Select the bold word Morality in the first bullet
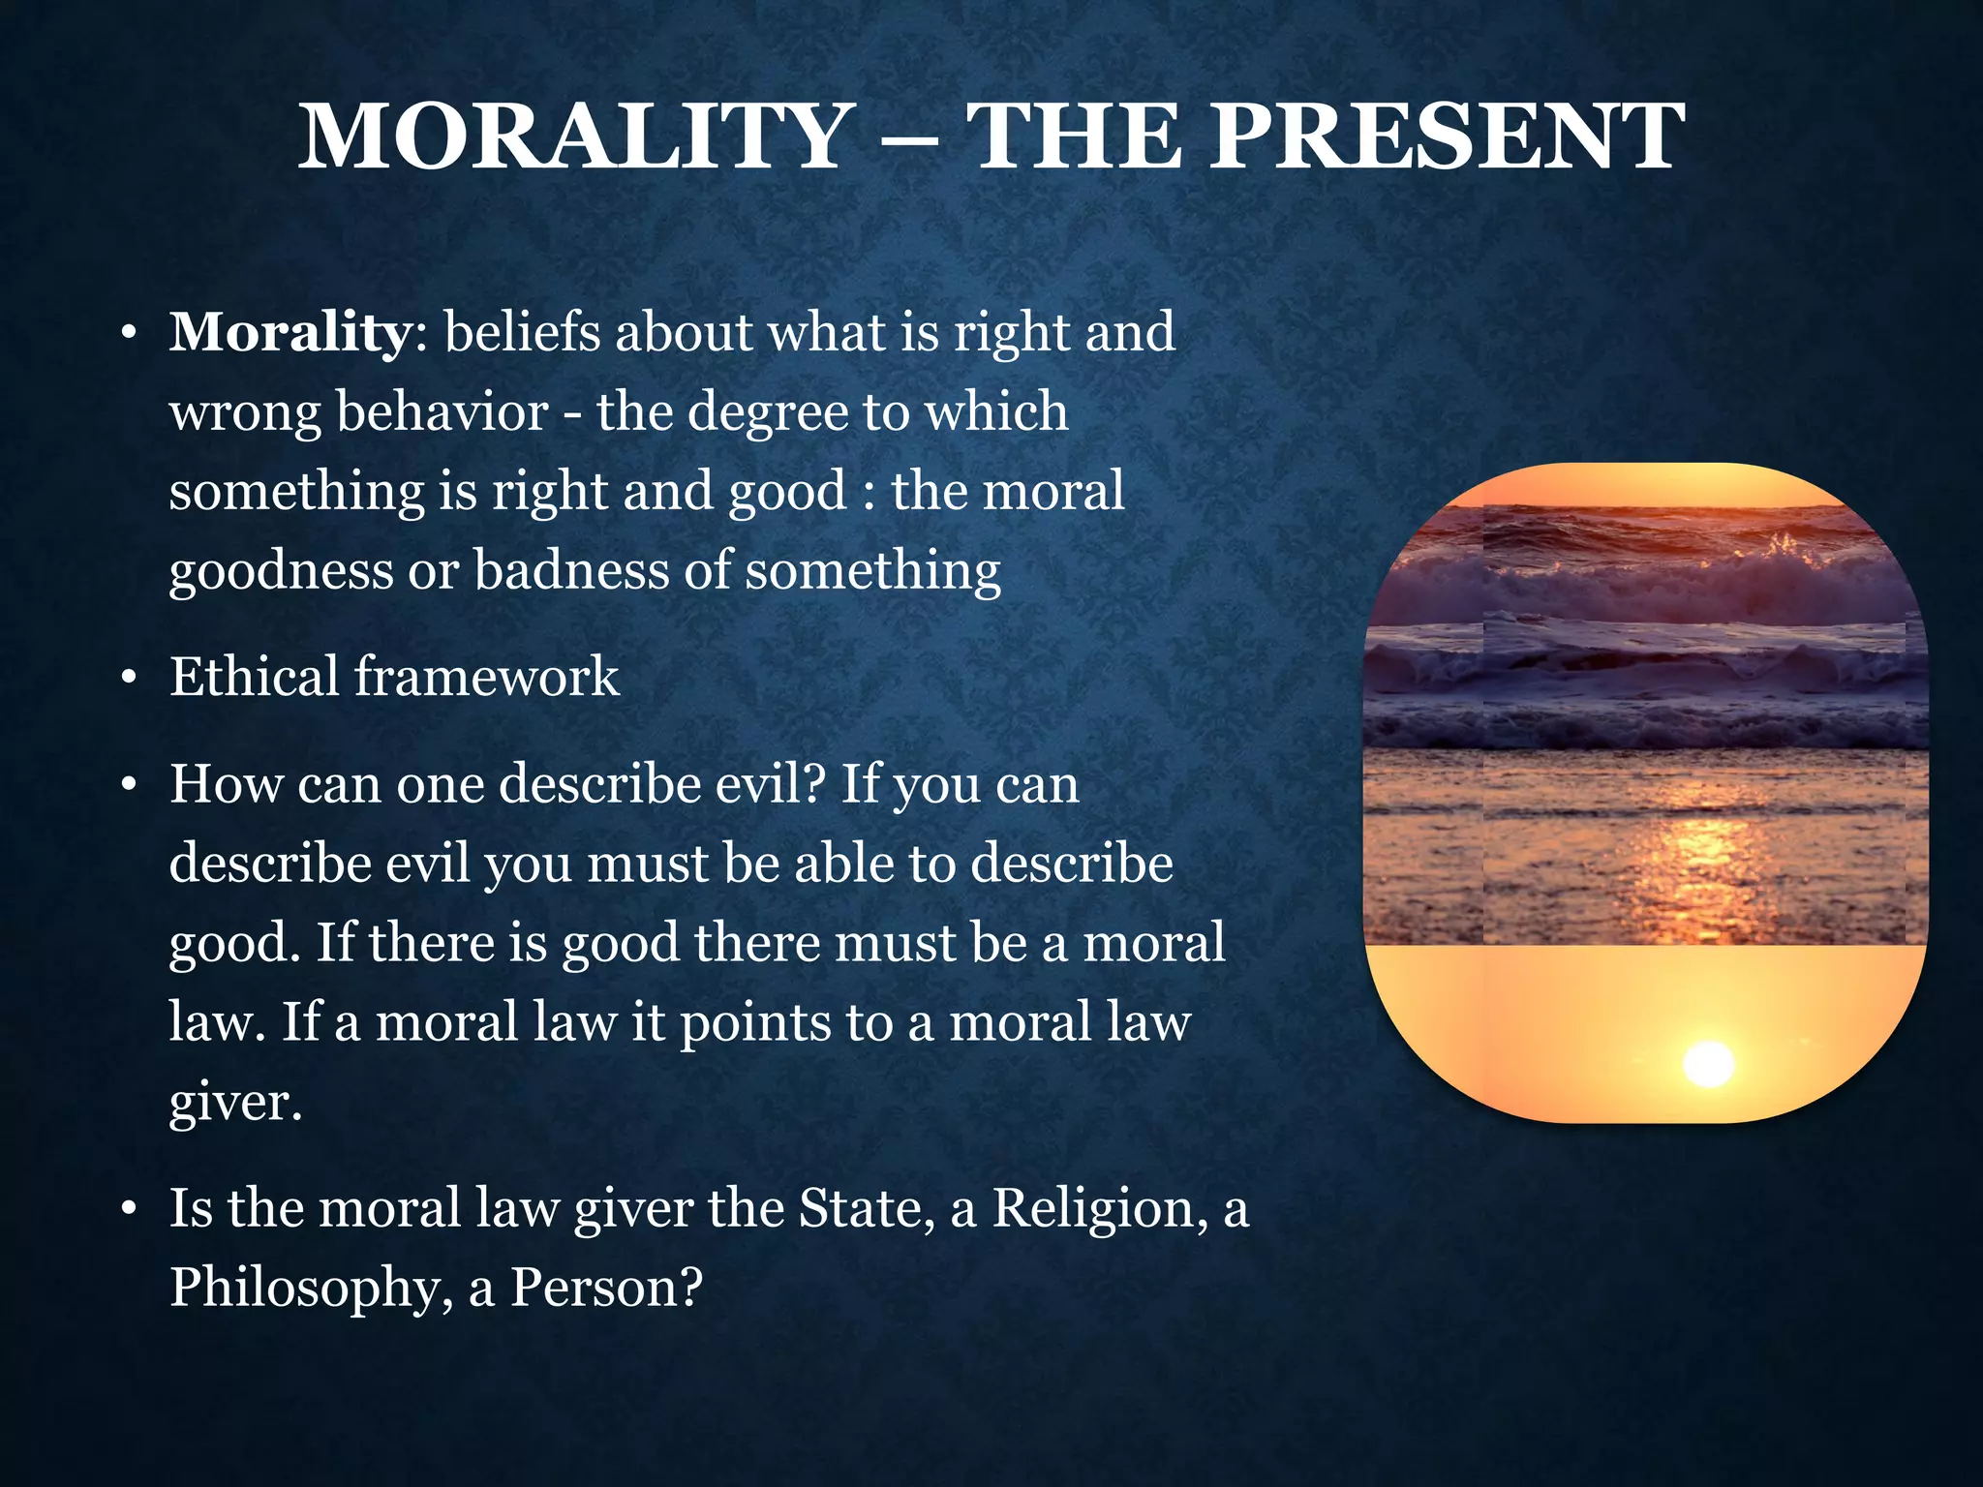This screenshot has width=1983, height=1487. tap(290, 333)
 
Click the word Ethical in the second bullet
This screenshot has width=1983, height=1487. tap(254, 676)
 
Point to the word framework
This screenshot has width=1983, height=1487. tap(486, 676)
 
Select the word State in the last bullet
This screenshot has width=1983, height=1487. tap(860, 1208)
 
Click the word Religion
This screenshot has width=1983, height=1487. tap(1094, 1210)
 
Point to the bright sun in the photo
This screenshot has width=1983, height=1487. tap(1708, 1064)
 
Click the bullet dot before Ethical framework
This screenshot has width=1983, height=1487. tap(128, 679)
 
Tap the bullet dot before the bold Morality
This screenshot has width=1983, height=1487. tap(128, 335)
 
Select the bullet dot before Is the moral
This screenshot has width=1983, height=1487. tap(128, 1211)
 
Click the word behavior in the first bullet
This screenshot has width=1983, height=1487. tap(442, 412)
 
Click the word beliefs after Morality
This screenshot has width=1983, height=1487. tap(522, 333)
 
